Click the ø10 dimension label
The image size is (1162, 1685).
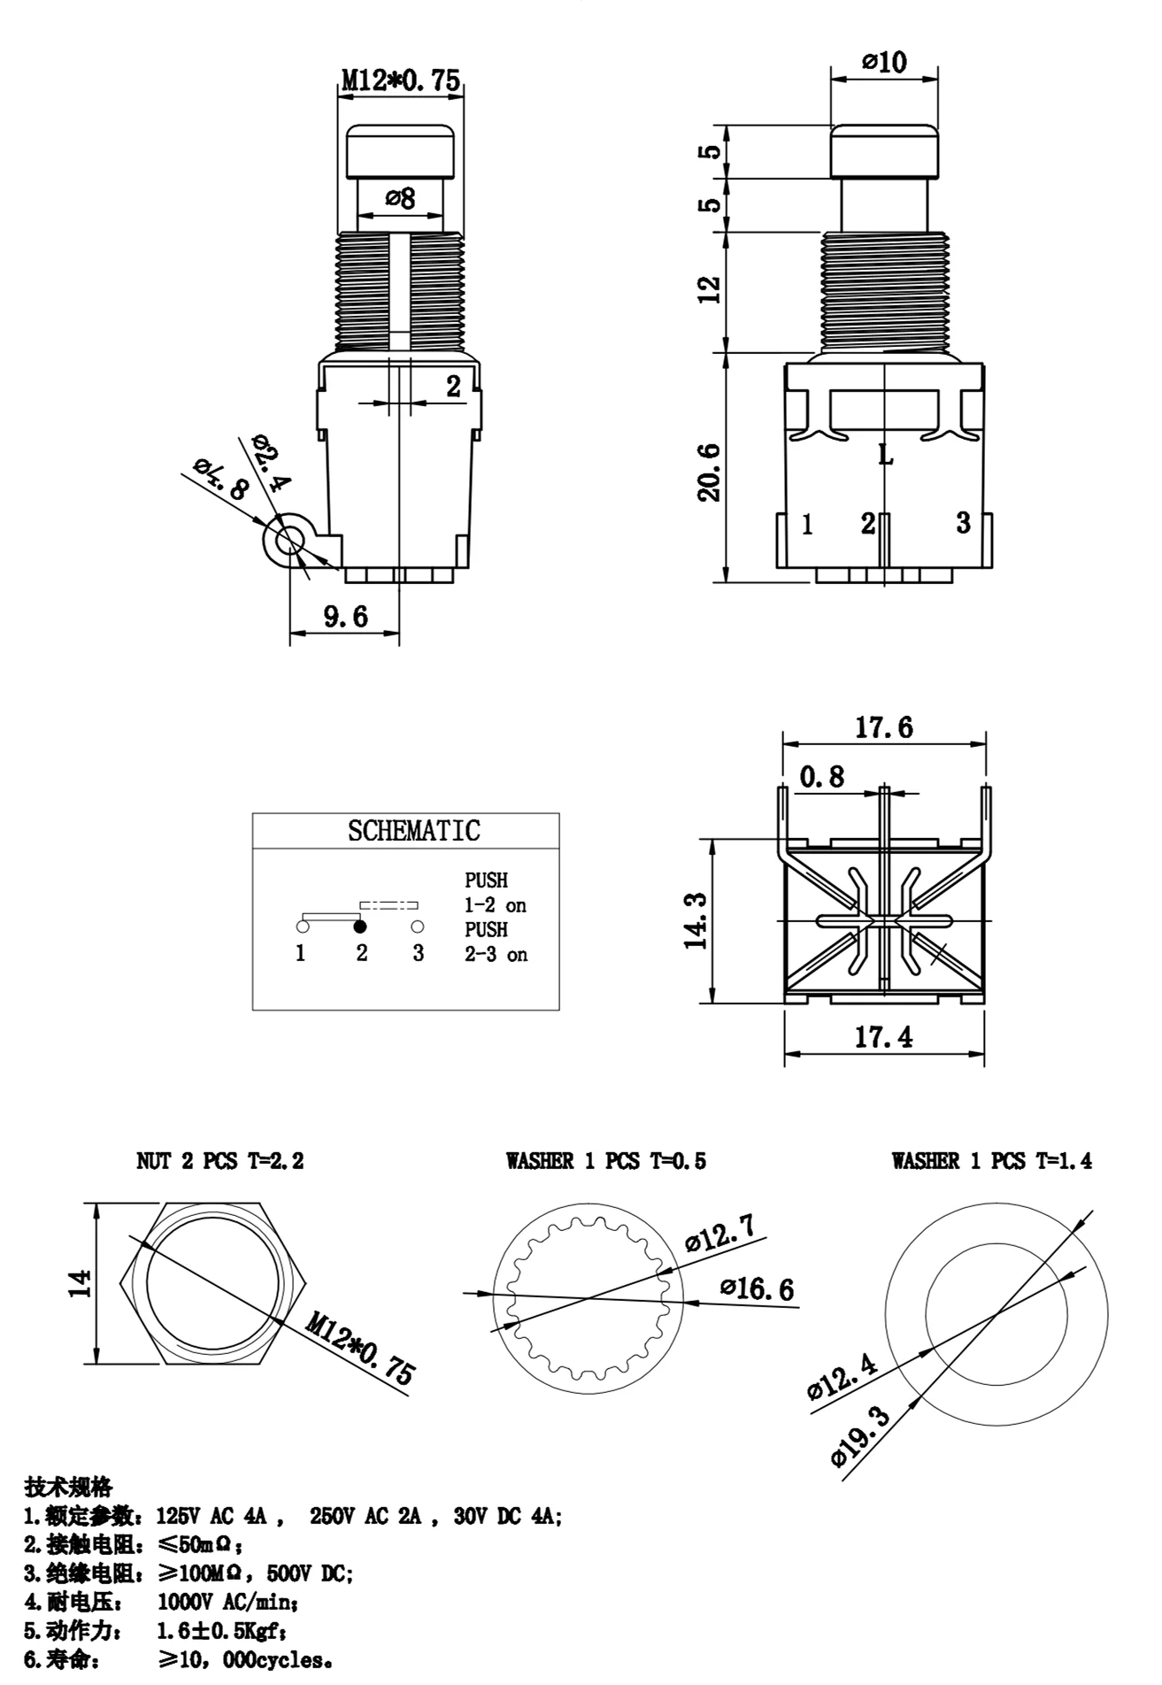(884, 62)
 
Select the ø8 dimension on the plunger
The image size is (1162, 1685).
(400, 198)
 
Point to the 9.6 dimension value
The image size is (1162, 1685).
(345, 616)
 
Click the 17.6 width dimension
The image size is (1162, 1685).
(883, 727)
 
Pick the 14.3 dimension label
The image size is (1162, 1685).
(696, 920)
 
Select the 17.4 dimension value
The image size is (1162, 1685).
(883, 1036)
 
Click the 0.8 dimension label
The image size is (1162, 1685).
(822, 777)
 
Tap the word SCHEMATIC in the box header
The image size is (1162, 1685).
(414, 831)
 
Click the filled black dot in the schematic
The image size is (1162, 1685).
(360, 927)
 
